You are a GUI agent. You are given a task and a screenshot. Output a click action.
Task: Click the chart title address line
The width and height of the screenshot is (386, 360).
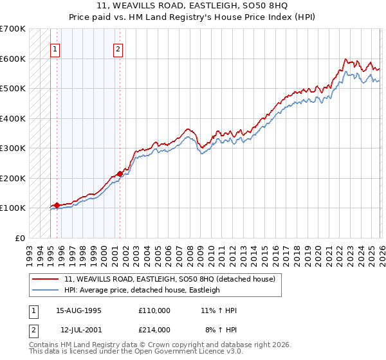coord(193,6)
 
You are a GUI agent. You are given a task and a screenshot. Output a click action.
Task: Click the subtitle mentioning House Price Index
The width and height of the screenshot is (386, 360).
coord(193,17)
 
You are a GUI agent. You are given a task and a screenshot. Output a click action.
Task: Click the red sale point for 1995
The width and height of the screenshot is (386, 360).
coord(57,204)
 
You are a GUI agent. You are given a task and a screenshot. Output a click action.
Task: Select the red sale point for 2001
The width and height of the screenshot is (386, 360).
coord(120,174)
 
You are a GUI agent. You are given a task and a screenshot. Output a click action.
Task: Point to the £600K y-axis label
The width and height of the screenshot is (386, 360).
coord(13,59)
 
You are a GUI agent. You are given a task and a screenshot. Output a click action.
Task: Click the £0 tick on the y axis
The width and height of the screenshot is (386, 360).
coord(20,238)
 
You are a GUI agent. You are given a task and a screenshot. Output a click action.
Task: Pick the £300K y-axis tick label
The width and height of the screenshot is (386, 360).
coord(13,148)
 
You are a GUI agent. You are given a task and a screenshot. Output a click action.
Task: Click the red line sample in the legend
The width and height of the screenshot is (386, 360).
coord(45,279)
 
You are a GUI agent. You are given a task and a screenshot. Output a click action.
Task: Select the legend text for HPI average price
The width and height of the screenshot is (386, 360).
coord(142,290)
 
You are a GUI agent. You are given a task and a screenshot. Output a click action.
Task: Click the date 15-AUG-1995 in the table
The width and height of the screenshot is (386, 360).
coord(78,310)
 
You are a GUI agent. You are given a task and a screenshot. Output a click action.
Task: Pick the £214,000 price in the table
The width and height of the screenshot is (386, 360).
coord(154,329)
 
